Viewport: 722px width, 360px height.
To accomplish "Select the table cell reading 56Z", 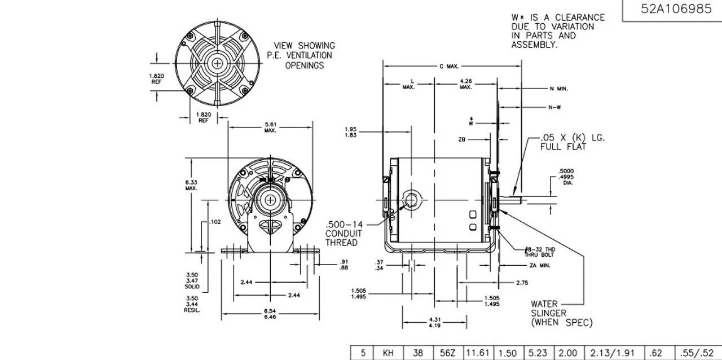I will click(x=447, y=353).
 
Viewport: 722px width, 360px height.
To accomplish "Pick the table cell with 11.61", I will click(x=478, y=353).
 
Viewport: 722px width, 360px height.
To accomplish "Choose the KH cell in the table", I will click(x=388, y=353).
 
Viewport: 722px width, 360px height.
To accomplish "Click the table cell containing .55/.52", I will click(x=698, y=353).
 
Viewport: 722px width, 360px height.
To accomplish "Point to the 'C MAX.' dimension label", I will click(x=449, y=67).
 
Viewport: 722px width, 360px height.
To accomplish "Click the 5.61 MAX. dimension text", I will click(x=270, y=127).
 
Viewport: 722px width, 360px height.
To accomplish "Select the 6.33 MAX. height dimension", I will click(x=191, y=185).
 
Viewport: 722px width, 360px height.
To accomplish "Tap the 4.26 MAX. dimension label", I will click(x=466, y=84).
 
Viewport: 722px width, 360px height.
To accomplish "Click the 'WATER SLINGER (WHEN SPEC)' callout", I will click(x=561, y=313).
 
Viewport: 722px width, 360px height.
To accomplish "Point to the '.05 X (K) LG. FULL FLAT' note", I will click(x=571, y=142).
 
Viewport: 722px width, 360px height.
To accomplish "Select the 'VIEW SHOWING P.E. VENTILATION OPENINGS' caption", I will click(x=304, y=55).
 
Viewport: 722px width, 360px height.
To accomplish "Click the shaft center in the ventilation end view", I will click(x=217, y=64).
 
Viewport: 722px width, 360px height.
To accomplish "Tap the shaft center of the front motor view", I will click(x=271, y=199).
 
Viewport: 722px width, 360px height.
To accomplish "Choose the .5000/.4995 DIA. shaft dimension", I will click(x=566, y=177).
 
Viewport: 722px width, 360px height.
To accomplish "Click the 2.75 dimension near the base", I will click(x=522, y=282).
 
